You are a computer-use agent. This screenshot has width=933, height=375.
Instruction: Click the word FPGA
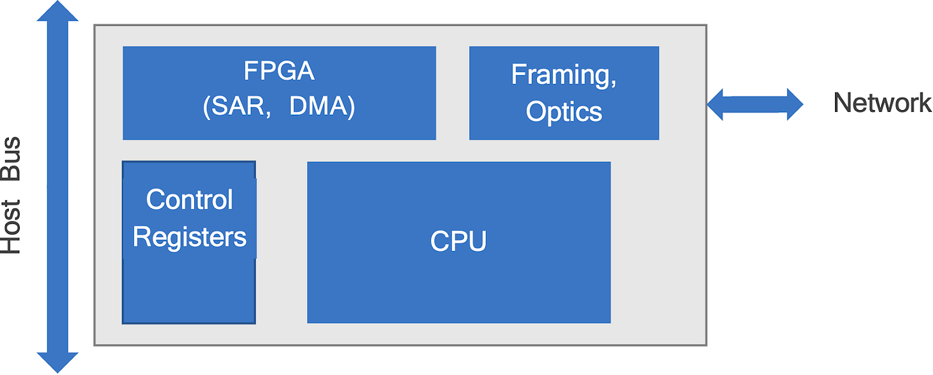pyautogui.click(x=279, y=70)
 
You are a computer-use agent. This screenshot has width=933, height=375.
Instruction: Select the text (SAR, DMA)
pyautogui.click(x=279, y=107)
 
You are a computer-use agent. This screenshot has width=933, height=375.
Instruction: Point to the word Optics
pyautogui.click(x=564, y=111)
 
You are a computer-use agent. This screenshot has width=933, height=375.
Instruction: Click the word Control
pyautogui.click(x=189, y=200)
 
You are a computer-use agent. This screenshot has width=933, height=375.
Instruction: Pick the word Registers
pyautogui.click(x=189, y=237)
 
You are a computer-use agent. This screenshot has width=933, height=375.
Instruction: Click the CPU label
pyautogui.click(x=458, y=242)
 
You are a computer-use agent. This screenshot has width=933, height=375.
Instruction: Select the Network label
pyautogui.click(x=882, y=102)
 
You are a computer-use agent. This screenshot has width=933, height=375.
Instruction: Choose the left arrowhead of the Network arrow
pyautogui.click(x=716, y=104)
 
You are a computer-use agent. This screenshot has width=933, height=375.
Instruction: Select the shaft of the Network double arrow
pyautogui.click(x=755, y=104)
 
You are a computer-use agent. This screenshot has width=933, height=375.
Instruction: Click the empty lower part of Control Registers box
pyautogui.click(x=189, y=291)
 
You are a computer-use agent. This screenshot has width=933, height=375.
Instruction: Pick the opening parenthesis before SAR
pyautogui.click(x=207, y=108)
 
